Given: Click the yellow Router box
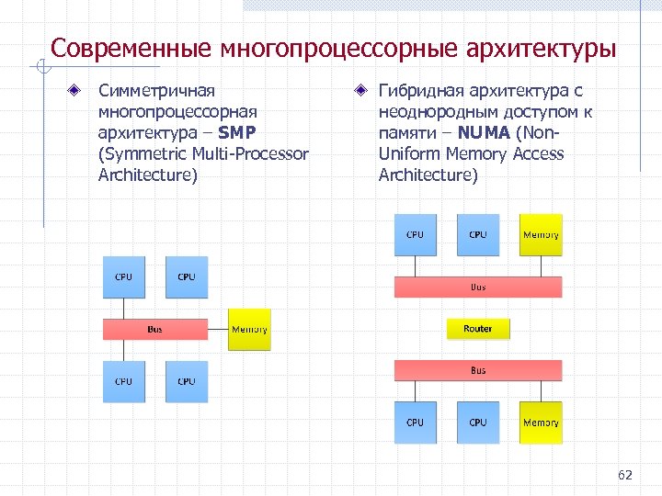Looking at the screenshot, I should (477, 329).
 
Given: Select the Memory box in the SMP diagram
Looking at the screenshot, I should (249, 329).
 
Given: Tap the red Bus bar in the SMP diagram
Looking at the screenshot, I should (155, 329).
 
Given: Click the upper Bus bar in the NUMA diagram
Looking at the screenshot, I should (478, 287).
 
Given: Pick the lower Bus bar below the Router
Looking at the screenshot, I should (478, 370).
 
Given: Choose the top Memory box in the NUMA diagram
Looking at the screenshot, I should (541, 235).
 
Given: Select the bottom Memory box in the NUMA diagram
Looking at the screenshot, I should (541, 423).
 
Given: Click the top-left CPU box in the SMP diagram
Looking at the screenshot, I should (123, 276).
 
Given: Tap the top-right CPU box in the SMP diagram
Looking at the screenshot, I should (187, 276).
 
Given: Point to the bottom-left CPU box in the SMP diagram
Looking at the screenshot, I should (123, 381).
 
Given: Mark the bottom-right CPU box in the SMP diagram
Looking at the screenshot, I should (187, 381).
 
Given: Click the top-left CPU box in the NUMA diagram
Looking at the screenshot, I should (416, 235).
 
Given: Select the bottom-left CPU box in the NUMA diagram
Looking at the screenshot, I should (416, 423).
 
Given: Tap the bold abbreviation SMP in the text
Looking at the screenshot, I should (244, 132).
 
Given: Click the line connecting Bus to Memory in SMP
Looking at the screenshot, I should (218, 329).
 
